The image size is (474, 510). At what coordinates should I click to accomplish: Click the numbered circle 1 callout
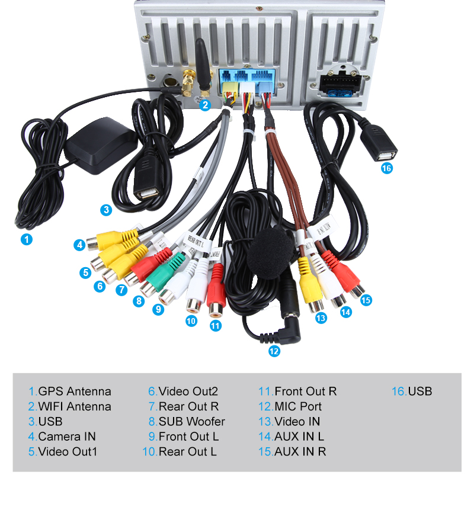[26, 239]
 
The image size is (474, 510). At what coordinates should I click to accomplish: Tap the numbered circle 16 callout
[387, 168]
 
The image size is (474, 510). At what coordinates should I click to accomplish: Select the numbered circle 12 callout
[274, 351]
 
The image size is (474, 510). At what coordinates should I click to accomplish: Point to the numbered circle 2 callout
[205, 105]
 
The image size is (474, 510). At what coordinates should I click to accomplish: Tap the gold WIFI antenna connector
[189, 82]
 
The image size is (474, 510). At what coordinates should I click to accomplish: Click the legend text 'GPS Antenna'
[74, 392]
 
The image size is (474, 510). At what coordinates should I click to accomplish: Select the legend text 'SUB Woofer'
[191, 422]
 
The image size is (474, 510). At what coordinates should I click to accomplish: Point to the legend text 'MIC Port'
[298, 406]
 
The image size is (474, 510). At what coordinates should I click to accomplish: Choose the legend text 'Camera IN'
[66, 437]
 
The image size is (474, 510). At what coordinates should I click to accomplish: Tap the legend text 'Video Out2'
[188, 392]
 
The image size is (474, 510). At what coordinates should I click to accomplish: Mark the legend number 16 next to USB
[398, 392]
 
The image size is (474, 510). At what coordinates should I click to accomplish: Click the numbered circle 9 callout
[158, 309]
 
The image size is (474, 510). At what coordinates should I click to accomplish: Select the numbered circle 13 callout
[321, 318]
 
